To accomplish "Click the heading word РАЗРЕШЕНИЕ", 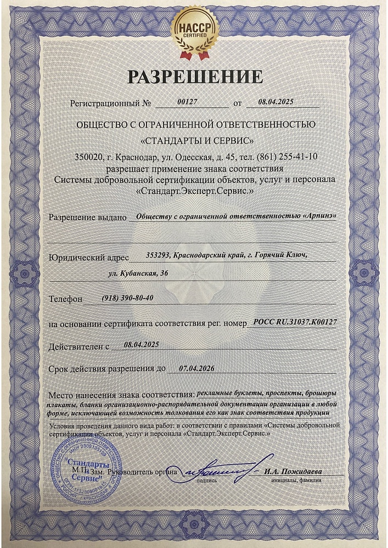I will (195, 77).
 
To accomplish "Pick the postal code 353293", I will (158, 255).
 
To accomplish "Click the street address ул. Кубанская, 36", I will (138, 272).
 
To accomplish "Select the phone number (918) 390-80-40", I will (128, 298).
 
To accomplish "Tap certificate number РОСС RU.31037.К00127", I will (294, 323).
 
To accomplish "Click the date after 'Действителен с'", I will (142, 345).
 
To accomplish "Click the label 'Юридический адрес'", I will (89, 256).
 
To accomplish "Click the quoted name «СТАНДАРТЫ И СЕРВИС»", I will (196, 140).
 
